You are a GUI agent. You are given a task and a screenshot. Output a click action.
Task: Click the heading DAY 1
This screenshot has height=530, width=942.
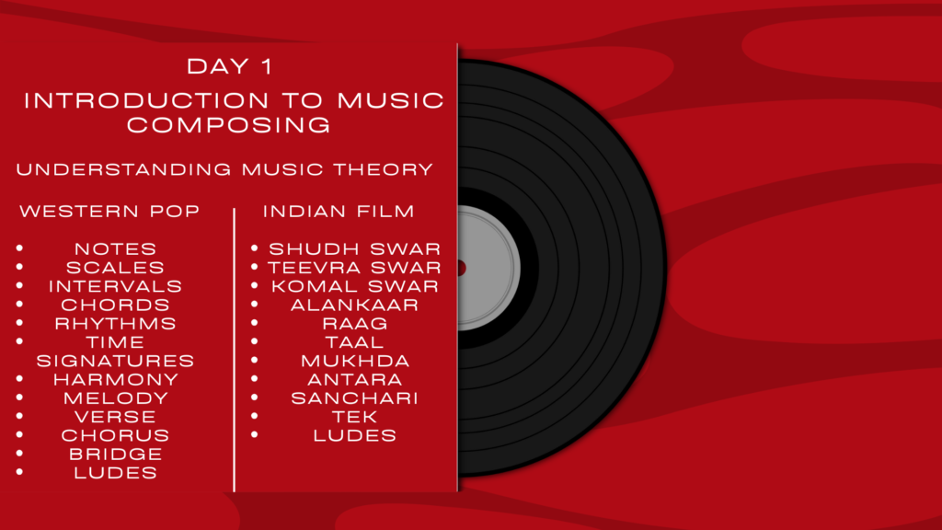[x=229, y=66]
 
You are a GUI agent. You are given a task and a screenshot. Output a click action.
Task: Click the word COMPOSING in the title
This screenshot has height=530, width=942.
[x=229, y=125]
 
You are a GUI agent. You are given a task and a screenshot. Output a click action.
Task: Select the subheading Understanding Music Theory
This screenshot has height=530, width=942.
[x=224, y=169]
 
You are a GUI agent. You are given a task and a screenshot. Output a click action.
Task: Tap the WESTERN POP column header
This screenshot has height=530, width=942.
[x=109, y=211]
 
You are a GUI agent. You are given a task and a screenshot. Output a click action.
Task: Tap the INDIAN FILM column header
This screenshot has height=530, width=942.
[x=339, y=211]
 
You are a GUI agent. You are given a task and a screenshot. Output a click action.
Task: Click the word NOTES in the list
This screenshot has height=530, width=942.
[x=115, y=248]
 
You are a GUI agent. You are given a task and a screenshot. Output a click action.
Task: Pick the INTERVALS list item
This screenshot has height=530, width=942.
[x=115, y=286]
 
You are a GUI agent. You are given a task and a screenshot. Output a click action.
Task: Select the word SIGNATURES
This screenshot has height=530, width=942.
[x=115, y=361]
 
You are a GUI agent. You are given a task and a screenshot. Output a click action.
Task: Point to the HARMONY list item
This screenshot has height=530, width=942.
[x=115, y=379]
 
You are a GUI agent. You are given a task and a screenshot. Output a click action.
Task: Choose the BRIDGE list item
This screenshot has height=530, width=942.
[x=115, y=454]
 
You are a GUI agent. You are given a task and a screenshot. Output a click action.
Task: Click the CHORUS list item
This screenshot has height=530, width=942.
[x=115, y=435]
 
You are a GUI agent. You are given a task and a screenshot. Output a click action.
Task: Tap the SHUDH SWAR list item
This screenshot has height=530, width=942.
[x=354, y=248]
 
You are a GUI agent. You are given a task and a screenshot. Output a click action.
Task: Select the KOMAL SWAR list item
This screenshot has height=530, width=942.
[x=354, y=286]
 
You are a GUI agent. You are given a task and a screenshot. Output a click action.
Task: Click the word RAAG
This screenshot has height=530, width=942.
[x=354, y=323]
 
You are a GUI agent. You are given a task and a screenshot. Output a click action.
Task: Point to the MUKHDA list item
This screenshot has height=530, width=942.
[x=354, y=361]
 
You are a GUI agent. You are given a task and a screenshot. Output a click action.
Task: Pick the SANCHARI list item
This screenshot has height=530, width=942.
[x=354, y=397]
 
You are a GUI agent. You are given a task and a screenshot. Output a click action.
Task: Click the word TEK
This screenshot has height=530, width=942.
[x=354, y=417]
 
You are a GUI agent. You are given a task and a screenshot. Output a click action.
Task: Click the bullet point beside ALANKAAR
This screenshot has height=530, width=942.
[x=255, y=304]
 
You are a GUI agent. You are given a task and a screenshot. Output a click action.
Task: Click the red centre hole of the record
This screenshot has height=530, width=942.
[x=462, y=268]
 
